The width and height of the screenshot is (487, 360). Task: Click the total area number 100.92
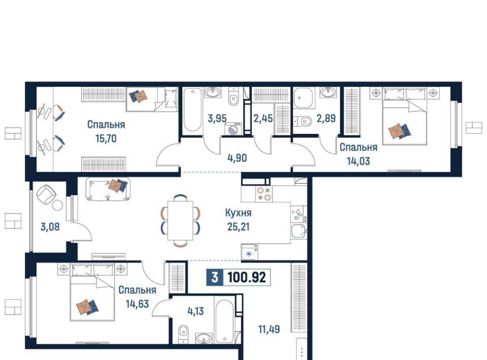[247, 277]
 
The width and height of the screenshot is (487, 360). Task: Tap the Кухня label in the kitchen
[238, 213]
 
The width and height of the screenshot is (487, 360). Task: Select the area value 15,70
[106, 138]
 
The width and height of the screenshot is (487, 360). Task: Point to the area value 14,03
[358, 161]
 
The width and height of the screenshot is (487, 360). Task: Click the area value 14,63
[137, 304]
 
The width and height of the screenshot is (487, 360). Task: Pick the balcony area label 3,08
[50, 227]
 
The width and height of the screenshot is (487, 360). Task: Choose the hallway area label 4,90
[237, 158]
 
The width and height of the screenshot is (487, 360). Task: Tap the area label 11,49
[269, 329]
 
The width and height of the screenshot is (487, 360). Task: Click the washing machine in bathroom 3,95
[233, 129]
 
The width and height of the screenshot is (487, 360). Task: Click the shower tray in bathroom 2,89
[303, 97]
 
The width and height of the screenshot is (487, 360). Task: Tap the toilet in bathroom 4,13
[184, 334]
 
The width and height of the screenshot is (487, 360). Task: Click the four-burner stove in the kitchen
[264, 194]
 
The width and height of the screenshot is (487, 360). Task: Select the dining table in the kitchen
[180, 221]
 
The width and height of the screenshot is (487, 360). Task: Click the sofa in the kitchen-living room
[108, 189]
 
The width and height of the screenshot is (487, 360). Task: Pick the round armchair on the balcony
[46, 195]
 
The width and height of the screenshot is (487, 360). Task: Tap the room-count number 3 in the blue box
[215, 277]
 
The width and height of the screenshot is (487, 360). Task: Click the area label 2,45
[263, 118]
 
